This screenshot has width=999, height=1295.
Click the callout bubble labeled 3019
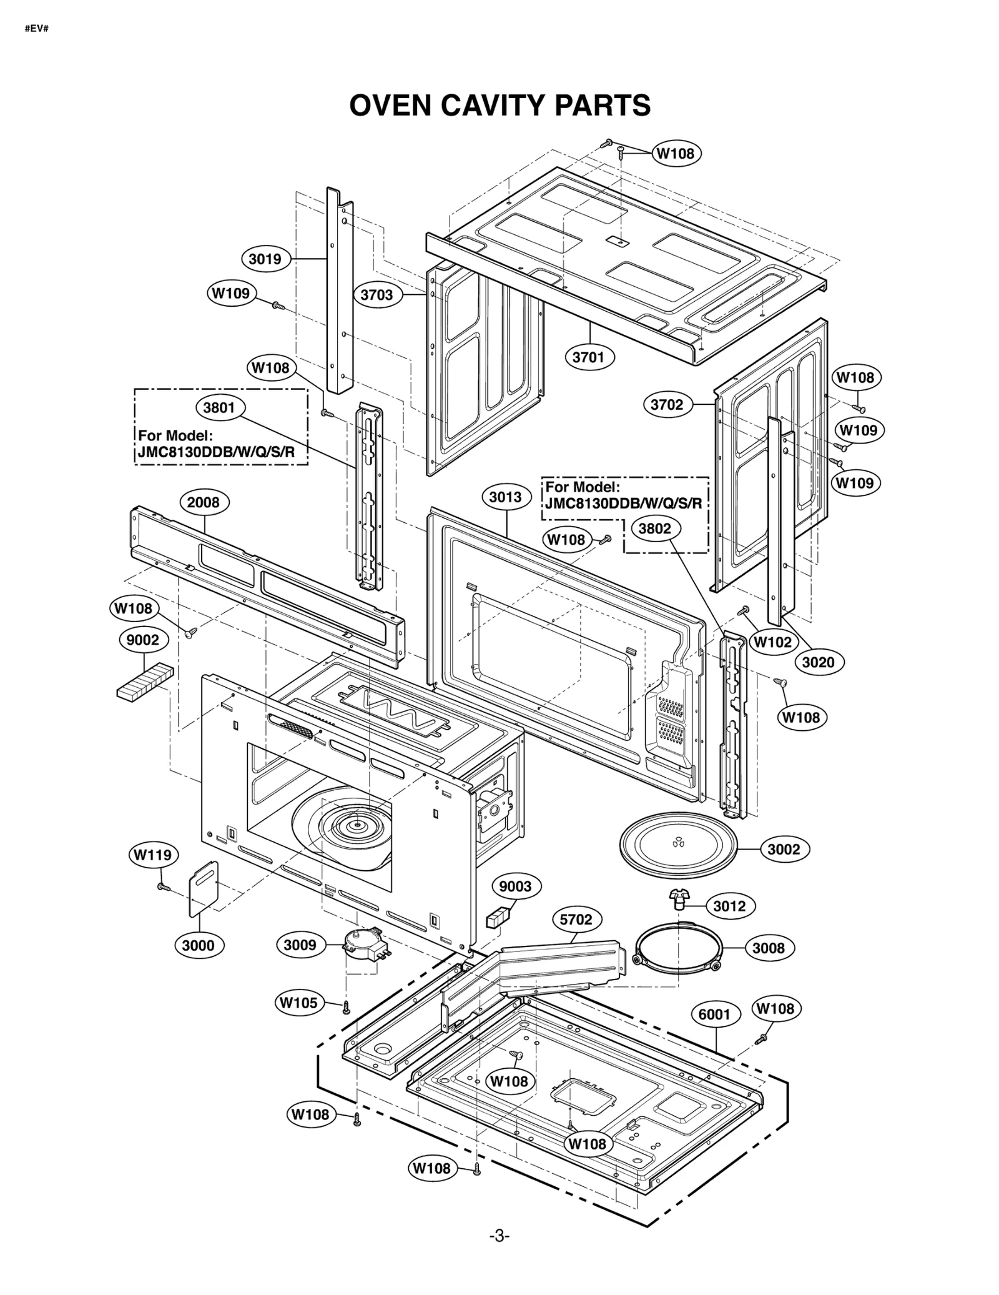tap(265, 259)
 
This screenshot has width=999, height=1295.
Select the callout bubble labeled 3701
tap(588, 357)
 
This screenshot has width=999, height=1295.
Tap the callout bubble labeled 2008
tap(204, 502)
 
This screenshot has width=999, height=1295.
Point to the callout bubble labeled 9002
tap(143, 640)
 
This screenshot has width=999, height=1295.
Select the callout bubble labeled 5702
tap(576, 920)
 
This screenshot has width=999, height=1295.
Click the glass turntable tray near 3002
tap(678, 844)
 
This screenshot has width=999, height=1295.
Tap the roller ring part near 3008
tap(678, 949)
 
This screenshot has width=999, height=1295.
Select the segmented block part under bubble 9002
tap(144, 681)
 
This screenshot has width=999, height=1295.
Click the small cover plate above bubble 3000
tap(204, 887)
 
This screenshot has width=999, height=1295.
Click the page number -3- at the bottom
tap(499, 1254)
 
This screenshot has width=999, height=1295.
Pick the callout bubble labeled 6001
tap(714, 1015)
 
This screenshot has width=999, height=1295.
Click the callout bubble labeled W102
tap(773, 642)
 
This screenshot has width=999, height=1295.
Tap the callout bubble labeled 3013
tap(506, 497)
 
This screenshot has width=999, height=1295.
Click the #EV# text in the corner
tap(37, 29)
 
